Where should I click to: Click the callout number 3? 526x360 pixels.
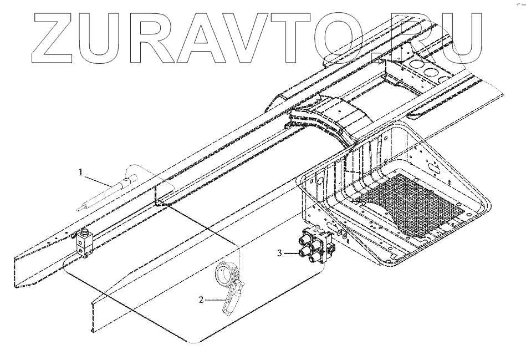click(280, 253)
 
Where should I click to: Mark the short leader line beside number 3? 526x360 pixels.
click(292, 253)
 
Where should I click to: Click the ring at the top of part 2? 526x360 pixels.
click(226, 272)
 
